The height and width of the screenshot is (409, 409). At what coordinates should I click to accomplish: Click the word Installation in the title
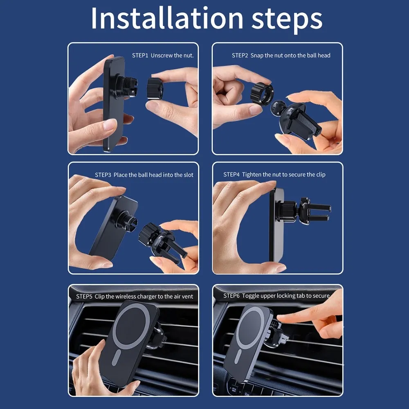(x=167, y=18)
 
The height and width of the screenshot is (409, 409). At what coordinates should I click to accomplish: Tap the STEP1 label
(x=140, y=55)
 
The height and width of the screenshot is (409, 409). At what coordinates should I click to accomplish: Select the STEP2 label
(x=240, y=55)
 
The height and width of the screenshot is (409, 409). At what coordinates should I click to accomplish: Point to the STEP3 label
(x=103, y=175)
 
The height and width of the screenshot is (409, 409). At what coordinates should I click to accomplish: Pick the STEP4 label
(x=231, y=175)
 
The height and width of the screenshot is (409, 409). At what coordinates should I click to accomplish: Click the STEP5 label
(x=84, y=296)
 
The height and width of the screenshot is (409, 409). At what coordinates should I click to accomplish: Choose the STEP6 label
(x=231, y=296)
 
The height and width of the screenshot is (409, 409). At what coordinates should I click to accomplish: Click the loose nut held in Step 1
(x=155, y=89)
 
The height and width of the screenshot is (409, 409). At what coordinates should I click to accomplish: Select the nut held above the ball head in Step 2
(x=262, y=94)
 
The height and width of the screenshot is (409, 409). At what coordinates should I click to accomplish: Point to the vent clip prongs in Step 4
(x=320, y=213)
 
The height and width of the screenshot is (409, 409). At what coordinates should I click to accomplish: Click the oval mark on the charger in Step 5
(x=116, y=357)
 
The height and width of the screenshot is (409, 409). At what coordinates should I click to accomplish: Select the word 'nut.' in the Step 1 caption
(x=188, y=56)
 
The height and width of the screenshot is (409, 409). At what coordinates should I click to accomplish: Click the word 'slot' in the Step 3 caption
(x=189, y=175)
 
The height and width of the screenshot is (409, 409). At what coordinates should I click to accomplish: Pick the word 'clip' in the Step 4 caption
(x=321, y=175)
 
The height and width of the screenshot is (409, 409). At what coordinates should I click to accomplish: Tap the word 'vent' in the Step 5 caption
(x=188, y=297)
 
